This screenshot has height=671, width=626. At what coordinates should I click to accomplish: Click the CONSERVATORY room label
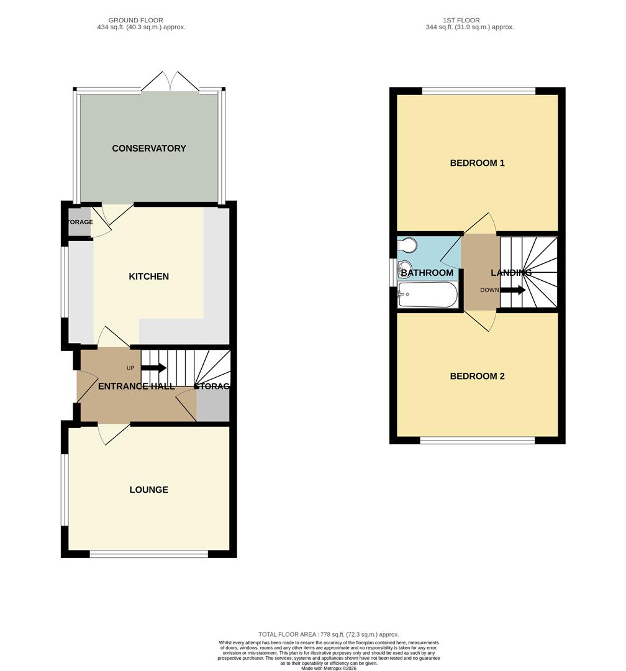[149, 148]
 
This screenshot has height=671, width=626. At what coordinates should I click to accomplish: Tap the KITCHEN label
[149, 276]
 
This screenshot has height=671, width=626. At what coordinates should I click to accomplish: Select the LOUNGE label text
[149, 490]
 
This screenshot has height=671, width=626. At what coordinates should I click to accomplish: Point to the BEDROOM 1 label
[477, 163]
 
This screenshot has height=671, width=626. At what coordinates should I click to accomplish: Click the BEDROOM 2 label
[477, 377]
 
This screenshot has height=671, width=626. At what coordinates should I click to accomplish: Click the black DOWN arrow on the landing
[514, 290]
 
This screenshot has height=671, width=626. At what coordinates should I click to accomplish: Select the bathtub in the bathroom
[427, 295]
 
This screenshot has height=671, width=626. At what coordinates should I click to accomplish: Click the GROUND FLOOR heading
[135, 21]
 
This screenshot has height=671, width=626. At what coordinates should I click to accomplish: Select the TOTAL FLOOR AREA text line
[329, 634]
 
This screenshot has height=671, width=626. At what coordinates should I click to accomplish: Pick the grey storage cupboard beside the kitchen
[79, 227]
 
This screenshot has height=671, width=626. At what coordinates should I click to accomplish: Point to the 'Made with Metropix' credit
[329, 669]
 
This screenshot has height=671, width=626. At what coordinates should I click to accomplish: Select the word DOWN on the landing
[489, 290]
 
